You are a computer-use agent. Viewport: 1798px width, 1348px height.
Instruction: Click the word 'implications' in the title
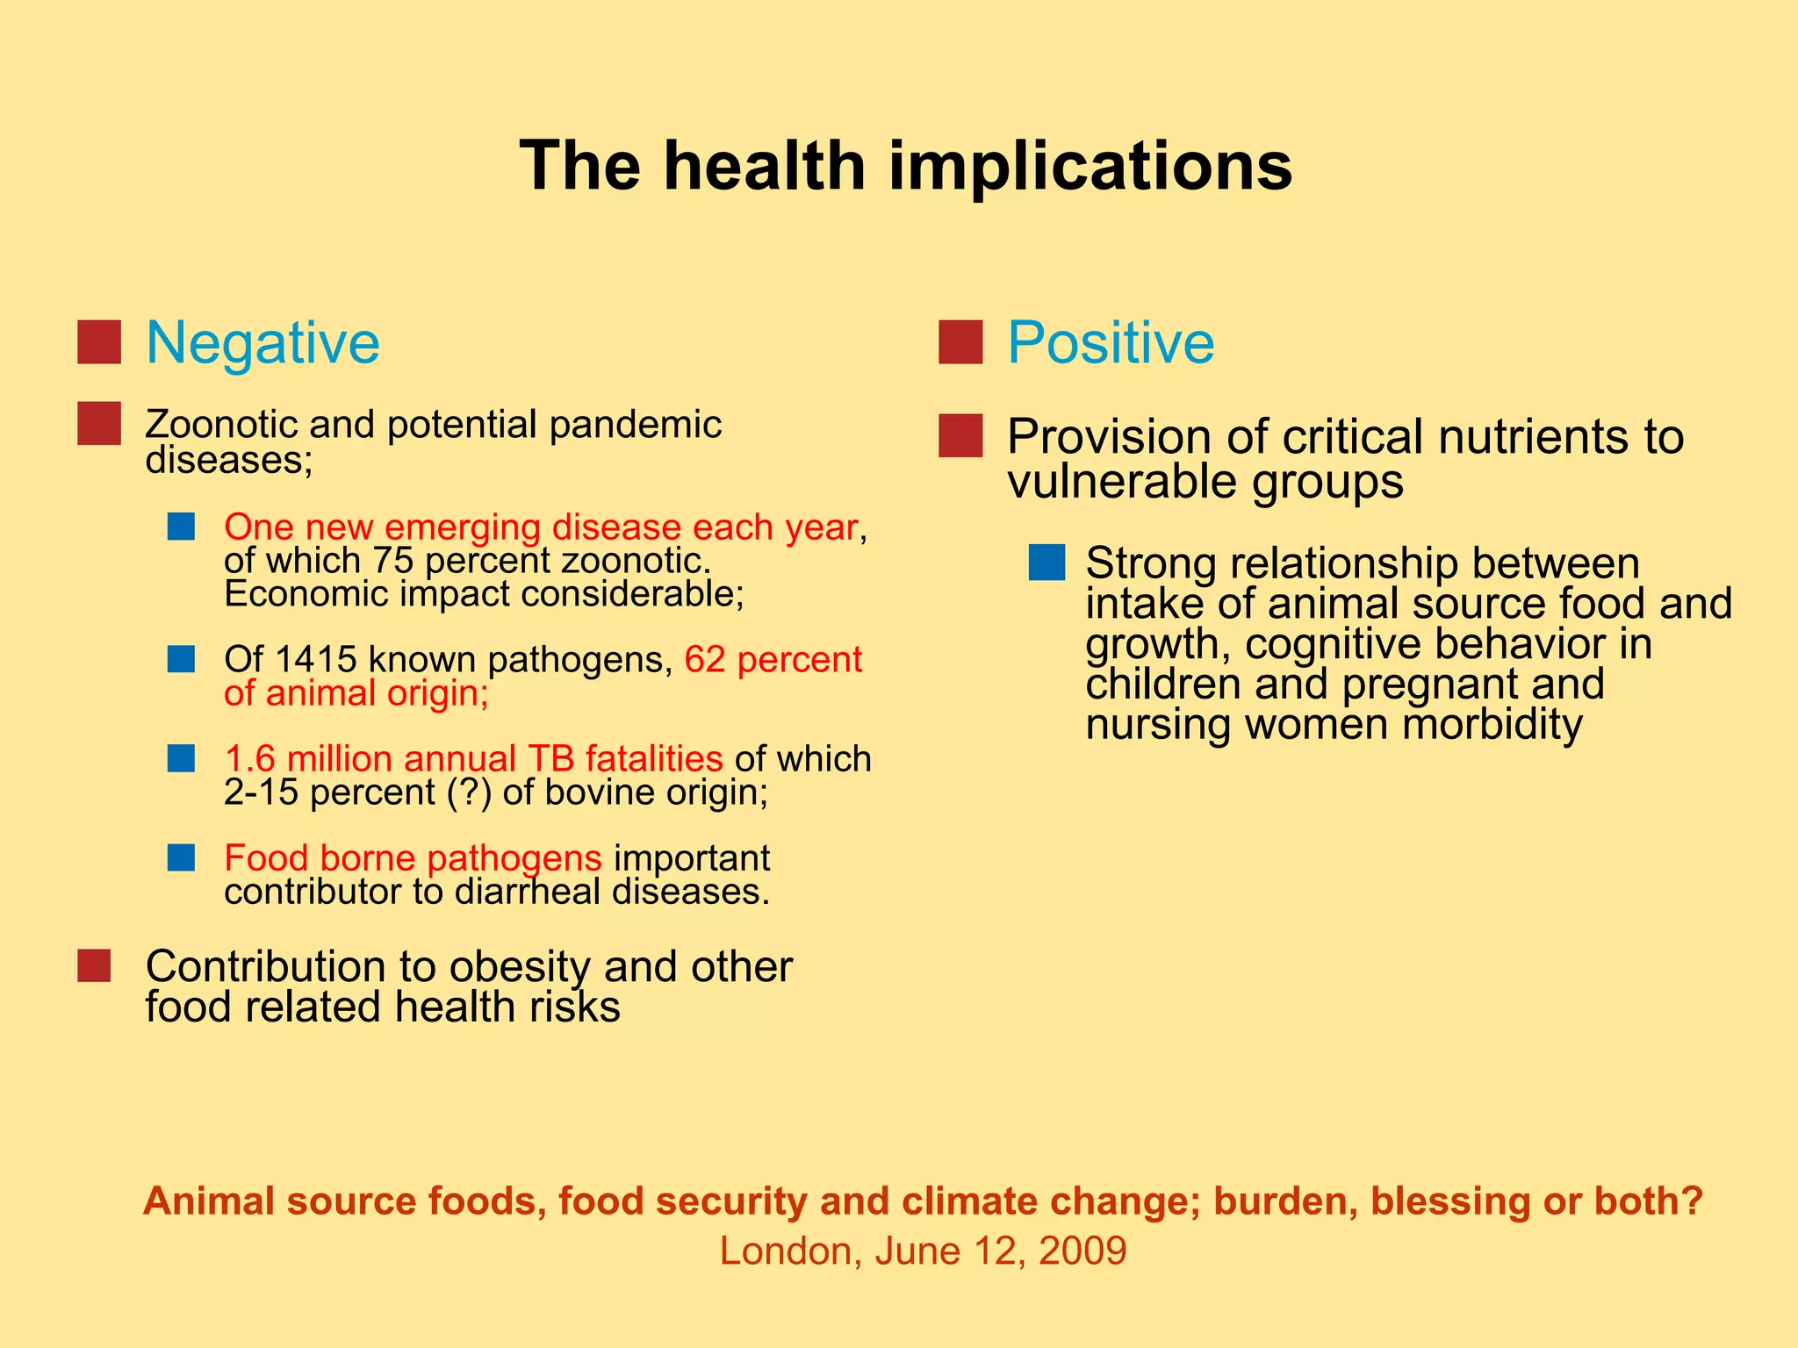pyautogui.click(x=1090, y=167)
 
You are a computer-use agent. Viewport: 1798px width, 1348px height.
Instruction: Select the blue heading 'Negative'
pyautogui.click(x=263, y=342)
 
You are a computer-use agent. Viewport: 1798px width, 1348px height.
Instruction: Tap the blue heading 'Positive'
pyautogui.click(x=1111, y=342)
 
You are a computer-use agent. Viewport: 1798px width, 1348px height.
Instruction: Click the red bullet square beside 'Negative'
pyautogui.click(x=99, y=342)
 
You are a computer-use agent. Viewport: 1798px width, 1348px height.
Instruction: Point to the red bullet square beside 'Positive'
pyautogui.click(x=960, y=342)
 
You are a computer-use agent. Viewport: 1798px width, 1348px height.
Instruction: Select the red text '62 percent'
pyautogui.click(x=773, y=660)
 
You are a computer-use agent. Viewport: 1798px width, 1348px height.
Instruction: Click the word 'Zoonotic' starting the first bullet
pyautogui.click(x=219, y=425)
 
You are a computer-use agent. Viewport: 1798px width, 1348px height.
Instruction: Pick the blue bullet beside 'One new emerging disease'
pyautogui.click(x=181, y=527)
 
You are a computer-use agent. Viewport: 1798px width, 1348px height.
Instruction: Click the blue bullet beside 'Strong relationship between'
pyautogui.click(x=1046, y=563)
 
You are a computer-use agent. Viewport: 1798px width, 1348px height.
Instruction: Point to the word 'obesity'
pyautogui.click(x=520, y=967)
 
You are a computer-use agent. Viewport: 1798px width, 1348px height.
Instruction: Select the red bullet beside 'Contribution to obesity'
pyautogui.click(x=94, y=966)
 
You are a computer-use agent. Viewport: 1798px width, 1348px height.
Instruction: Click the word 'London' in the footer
pyautogui.click(x=790, y=1251)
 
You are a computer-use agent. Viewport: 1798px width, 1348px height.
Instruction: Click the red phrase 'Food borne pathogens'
pyautogui.click(x=413, y=858)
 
